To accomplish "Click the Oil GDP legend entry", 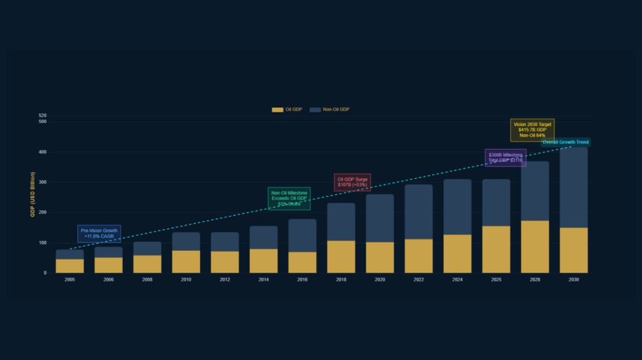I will [x=287, y=110].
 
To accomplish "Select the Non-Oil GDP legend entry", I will [x=330, y=110].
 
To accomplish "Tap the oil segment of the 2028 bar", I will [x=535, y=246].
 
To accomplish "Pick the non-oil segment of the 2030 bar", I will [x=574, y=187].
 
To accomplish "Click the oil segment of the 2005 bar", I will [x=70, y=266].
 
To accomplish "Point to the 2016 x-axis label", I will [x=302, y=280].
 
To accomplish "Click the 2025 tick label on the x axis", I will [x=496, y=280].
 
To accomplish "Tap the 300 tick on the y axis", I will [x=43, y=183].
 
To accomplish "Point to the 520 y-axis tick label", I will [x=43, y=116].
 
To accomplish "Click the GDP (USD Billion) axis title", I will [x=33, y=194].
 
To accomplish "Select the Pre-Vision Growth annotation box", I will [x=99, y=233].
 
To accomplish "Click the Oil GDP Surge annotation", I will [x=352, y=183].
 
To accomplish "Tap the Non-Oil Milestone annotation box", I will [x=289, y=199].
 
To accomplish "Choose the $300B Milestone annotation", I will [x=505, y=158].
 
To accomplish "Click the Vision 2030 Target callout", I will [x=532, y=130].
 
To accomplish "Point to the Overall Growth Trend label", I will [x=566, y=142].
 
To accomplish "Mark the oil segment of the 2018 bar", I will [x=341, y=257].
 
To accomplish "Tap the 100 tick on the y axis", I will [x=43, y=243].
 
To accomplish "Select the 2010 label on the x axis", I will [x=186, y=280].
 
